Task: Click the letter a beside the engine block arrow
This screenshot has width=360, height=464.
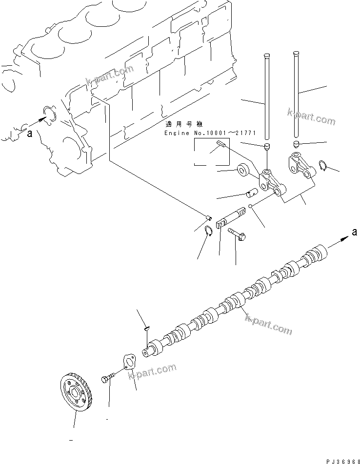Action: (x=29, y=135)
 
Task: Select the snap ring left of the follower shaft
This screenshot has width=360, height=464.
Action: (x=208, y=231)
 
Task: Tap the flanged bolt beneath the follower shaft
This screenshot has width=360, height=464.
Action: (x=238, y=234)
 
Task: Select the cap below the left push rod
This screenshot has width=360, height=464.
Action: (x=267, y=147)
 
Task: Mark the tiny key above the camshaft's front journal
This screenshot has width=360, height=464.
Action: (x=146, y=330)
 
